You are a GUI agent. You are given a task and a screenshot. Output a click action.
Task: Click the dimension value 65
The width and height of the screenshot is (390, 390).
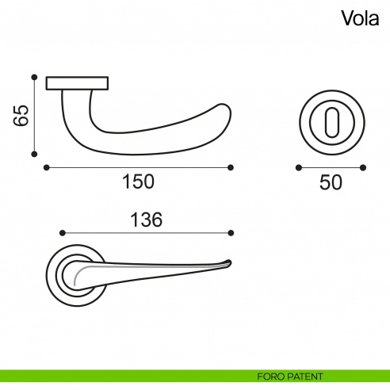21,116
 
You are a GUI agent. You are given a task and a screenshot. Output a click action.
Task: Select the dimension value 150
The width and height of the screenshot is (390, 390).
138,182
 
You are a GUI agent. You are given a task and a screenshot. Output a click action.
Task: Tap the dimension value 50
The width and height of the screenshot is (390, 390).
331,182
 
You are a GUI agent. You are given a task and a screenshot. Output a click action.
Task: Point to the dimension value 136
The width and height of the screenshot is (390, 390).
145,220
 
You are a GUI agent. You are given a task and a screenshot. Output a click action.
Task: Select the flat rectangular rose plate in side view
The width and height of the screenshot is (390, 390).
77,82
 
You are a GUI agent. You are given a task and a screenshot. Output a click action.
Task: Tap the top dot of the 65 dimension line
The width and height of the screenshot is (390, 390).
34,77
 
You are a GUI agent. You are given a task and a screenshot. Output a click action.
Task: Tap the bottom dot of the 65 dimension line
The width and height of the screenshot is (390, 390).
34,155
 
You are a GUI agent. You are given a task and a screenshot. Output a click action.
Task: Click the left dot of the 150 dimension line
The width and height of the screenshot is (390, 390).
47,167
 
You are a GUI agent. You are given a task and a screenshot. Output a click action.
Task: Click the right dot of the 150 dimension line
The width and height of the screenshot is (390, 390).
231,167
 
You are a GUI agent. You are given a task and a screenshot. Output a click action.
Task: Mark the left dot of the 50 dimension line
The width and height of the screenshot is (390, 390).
298,167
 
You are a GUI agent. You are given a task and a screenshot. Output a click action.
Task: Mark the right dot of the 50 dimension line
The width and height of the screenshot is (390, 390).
363,167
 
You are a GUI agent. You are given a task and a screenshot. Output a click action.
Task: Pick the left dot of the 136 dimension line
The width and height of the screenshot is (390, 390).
63,233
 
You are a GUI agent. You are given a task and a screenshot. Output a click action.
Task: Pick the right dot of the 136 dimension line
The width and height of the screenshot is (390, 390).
231,233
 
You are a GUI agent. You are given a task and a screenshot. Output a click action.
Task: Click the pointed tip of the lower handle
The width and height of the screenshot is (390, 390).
229,261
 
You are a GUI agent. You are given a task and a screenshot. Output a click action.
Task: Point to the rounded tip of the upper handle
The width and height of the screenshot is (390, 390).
228,119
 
